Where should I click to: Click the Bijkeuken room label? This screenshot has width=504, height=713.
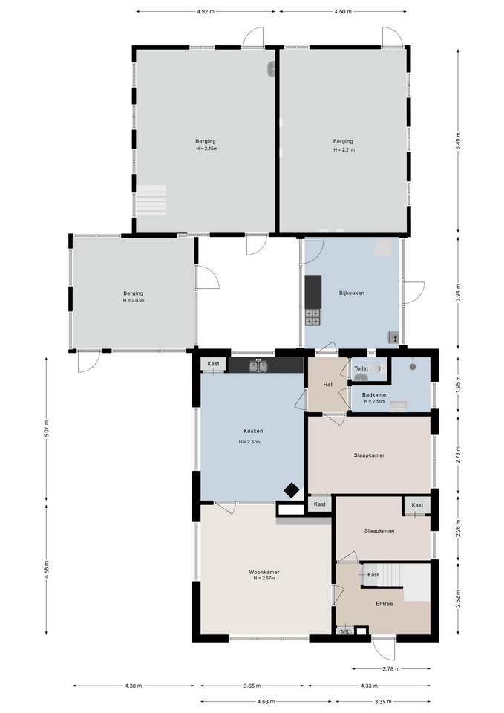(x=351, y=293)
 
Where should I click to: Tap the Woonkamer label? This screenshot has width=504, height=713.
(x=264, y=572)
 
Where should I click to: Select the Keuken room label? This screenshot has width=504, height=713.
(x=253, y=431)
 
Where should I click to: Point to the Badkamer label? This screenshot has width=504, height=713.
(x=375, y=395)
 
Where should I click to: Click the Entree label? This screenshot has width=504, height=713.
(x=384, y=604)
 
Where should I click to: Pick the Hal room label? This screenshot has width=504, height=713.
(x=327, y=385)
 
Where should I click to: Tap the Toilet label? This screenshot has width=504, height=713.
(x=361, y=369)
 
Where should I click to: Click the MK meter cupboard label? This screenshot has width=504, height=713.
(x=345, y=631)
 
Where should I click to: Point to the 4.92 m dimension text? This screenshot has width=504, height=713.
(x=206, y=12)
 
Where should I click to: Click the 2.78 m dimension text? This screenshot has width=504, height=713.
(x=391, y=669)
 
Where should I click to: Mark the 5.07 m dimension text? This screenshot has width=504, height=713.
(x=46, y=429)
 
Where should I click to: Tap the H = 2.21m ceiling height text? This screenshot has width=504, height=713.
(x=344, y=149)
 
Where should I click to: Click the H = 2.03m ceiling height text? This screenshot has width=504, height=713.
(x=133, y=301)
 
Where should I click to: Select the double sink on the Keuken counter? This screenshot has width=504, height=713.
(x=258, y=365)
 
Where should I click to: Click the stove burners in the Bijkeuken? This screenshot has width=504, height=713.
(x=312, y=317)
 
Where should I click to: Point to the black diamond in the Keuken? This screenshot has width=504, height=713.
(x=291, y=490)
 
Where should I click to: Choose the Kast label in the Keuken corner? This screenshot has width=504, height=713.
(x=213, y=364)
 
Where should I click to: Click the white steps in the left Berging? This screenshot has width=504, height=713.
(x=151, y=200)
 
